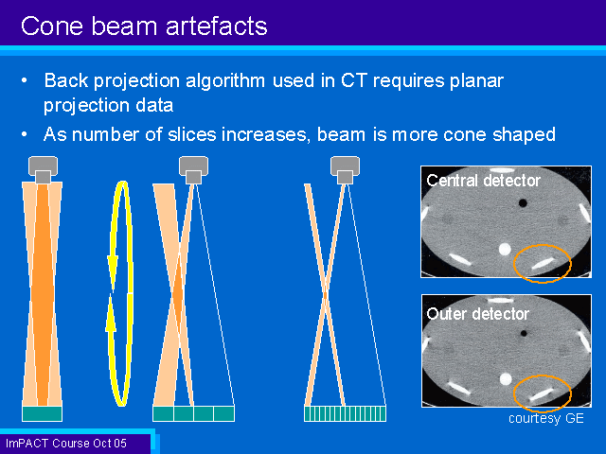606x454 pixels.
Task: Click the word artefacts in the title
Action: click(x=217, y=26)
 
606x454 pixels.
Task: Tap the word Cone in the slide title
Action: click(x=52, y=26)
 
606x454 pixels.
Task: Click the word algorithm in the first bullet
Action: click(x=225, y=81)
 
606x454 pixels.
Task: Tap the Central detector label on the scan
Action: click(x=483, y=181)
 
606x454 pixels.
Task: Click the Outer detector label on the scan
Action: click(x=477, y=314)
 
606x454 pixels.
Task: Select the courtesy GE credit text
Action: click(x=546, y=418)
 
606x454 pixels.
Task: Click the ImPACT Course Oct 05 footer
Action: click(x=66, y=444)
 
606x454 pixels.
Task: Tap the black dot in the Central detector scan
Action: click(x=523, y=202)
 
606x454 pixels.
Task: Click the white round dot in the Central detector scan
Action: click(x=505, y=250)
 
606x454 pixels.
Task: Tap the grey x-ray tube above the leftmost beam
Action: click(x=44, y=169)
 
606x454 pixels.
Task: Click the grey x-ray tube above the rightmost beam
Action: click(x=345, y=170)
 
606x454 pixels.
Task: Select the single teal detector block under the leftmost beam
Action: click(x=42, y=414)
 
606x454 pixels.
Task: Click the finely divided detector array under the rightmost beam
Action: click(x=345, y=414)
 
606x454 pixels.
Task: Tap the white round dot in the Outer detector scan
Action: click(x=506, y=379)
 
